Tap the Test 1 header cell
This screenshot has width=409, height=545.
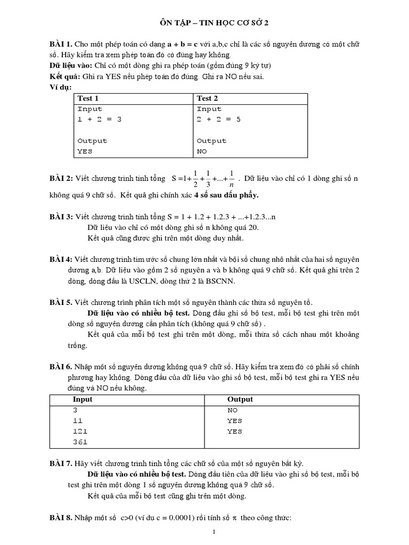click(x=88, y=98)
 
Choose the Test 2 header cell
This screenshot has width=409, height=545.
click(x=208, y=98)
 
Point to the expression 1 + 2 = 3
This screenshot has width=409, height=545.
click(x=100, y=119)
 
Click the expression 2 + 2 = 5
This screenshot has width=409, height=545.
click(x=219, y=119)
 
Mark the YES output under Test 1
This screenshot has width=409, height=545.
click(x=85, y=151)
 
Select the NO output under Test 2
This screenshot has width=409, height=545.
click(x=202, y=151)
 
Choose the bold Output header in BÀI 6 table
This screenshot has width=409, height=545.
click(x=240, y=399)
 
